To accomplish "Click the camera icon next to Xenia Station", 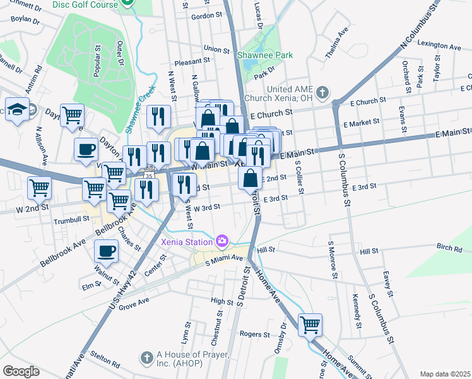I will [x=221, y=241].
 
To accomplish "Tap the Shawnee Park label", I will [x=265, y=56].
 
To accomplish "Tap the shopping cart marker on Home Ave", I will [x=310, y=325].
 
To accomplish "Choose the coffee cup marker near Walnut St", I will [x=106, y=251].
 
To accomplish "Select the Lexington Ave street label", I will [x=439, y=46].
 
